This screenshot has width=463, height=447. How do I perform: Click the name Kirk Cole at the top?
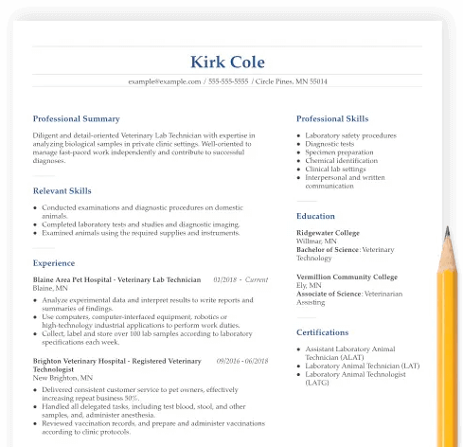[x=228, y=63]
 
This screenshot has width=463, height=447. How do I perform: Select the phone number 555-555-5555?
[x=228, y=82]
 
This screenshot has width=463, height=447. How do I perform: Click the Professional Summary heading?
[x=77, y=119]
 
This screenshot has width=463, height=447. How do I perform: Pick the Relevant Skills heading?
[x=62, y=191]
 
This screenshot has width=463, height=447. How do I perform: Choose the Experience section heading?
[x=54, y=263]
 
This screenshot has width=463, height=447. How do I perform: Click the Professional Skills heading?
[x=332, y=119]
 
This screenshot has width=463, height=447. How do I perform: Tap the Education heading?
[x=315, y=216]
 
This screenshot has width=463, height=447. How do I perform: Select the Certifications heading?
[x=323, y=333]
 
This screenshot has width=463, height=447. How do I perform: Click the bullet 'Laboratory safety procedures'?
[x=350, y=135]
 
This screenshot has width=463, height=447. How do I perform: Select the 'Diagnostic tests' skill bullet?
[x=330, y=144]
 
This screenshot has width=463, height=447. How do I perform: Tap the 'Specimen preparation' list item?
[x=339, y=152]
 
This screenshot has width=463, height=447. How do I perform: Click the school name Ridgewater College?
[x=328, y=233]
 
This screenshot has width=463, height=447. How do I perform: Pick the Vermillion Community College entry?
[x=347, y=277]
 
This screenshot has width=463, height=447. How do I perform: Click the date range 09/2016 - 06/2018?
[x=242, y=361]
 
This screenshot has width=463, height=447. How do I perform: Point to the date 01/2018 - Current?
[x=240, y=280]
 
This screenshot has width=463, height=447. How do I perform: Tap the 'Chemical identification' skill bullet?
[x=341, y=161]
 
